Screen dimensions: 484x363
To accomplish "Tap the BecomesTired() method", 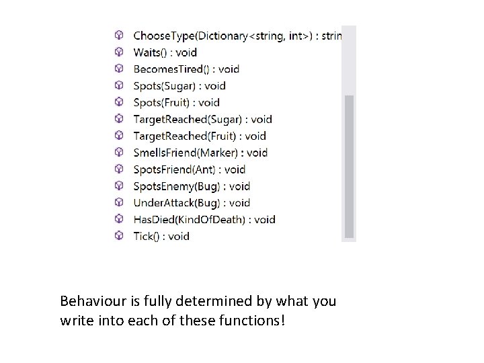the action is pyautogui.click(x=186, y=69).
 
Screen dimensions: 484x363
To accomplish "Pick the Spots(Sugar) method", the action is pyautogui.click(x=179, y=86).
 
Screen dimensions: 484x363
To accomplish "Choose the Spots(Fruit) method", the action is pyautogui.click(x=176, y=103).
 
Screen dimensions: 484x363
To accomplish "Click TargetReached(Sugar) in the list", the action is pyautogui.click(x=202, y=120).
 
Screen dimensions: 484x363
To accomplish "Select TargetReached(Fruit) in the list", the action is pyautogui.click(x=200, y=136).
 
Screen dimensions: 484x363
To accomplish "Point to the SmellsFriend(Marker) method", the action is pyautogui.click(x=200, y=153).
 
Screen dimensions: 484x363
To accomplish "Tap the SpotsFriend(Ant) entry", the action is pyautogui.click(x=190, y=169).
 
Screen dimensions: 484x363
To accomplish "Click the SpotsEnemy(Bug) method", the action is pyautogui.click(x=192, y=186).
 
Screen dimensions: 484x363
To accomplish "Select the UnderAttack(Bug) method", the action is pyautogui.click(x=192, y=203).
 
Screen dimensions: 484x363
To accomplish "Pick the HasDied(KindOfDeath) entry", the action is pyautogui.click(x=204, y=219).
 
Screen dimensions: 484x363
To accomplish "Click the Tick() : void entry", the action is pyautogui.click(x=161, y=236).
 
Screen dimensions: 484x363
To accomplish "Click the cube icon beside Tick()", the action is pyautogui.click(x=119, y=236).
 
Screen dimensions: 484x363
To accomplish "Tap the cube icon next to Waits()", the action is pyautogui.click(x=119, y=52).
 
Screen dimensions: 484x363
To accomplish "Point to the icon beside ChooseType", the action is pyautogui.click(x=119, y=35).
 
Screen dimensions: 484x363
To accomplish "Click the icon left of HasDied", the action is pyautogui.click(x=119, y=219).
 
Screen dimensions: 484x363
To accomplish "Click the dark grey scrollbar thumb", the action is pyautogui.click(x=349, y=165).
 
